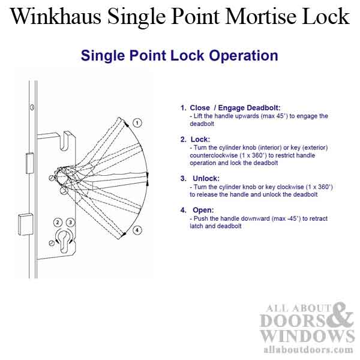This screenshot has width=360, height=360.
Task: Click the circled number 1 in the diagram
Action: (137, 123)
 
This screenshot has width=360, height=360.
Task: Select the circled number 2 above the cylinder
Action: (58, 222)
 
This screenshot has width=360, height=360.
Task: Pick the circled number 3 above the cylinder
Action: (70, 222)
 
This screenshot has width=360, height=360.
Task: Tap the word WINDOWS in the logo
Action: (307, 334)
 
